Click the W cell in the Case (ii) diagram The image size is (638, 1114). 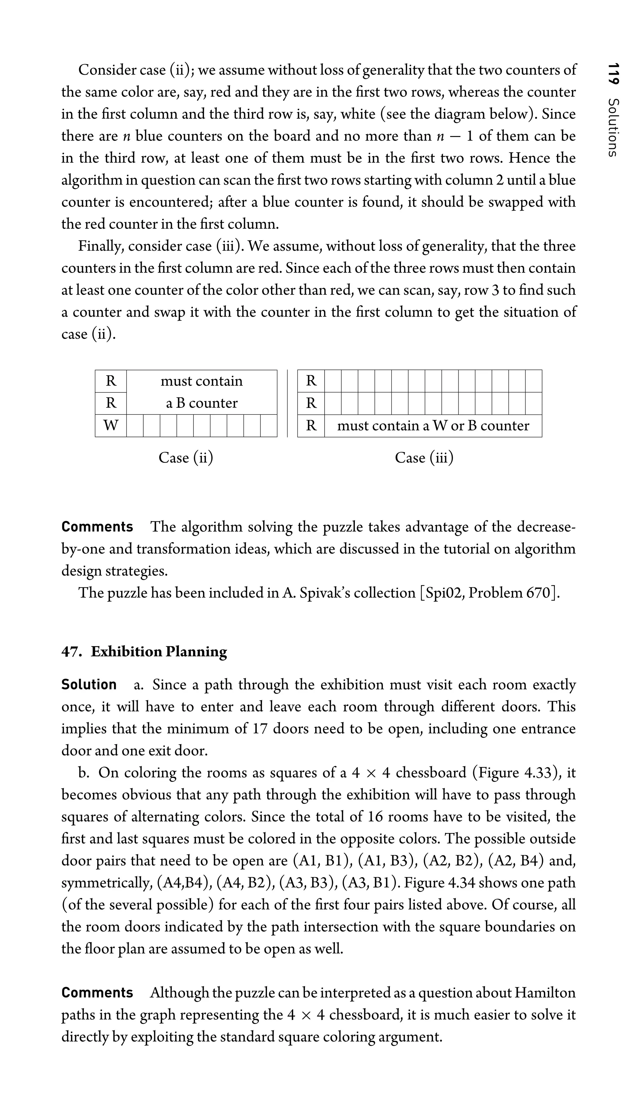pyautogui.click(x=111, y=425)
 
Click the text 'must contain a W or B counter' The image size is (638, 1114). pyautogui.click(x=433, y=425)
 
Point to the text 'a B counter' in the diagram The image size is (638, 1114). pyautogui.click(x=202, y=403)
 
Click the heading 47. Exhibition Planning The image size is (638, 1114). pyautogui.click(x=144, y=652)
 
